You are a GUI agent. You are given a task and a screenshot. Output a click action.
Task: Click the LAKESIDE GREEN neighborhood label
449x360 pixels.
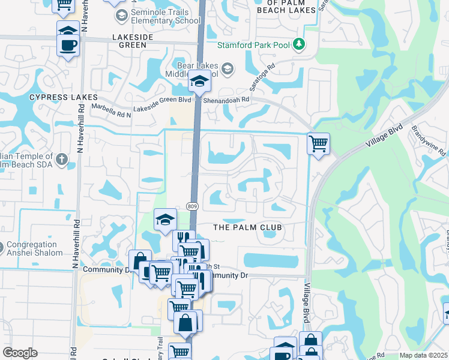point(129,40)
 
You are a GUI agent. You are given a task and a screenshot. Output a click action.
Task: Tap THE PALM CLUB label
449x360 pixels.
point(248,227)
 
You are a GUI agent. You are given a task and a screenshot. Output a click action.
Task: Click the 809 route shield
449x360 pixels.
point(192,206)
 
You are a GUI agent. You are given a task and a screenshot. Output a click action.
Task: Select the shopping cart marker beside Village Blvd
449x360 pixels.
point(318,143)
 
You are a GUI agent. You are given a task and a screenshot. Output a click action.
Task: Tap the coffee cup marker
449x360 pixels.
point(68,44)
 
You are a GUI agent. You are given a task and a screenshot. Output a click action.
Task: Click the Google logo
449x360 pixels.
point(20,353)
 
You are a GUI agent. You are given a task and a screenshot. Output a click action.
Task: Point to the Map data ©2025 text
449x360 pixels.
point(423,355)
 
